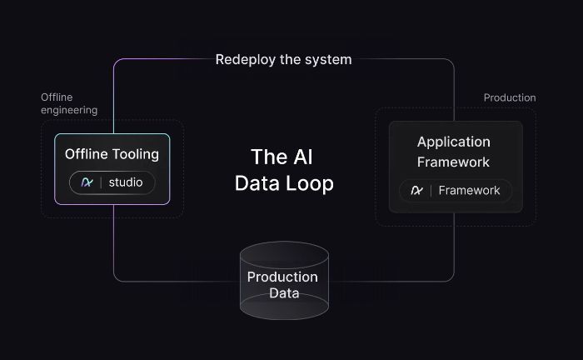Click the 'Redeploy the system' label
pyautogui.click(x=283, y=59)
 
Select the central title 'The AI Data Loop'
pyautogui.click(x=283, y=170)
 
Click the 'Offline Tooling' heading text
pyautogui.click(x=112, y=154)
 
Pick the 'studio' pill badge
pyautogui.click(x=112, y=182)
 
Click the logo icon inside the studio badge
pyautogui.click(x=87, y=182)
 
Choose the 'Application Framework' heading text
pyautogui.click(x=454, y=152)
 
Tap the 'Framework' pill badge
pyautogui.click(x=455, y=191)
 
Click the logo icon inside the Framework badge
pyautogui.click(x=416, y=191)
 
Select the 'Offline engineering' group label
pyautogui.click(x=69, y=103)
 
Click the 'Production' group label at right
pyautogui.click(x=510, y=97)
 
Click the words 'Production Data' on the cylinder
pyautogui.click(x=283, y=284)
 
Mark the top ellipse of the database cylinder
pyautogui.click(x=284, y=255)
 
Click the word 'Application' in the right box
pyautogui.click(x=454, y=142)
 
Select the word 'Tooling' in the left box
pyautogui.click(x=137, y=154)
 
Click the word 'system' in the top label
pyautogui.click(x=328, y=59)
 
